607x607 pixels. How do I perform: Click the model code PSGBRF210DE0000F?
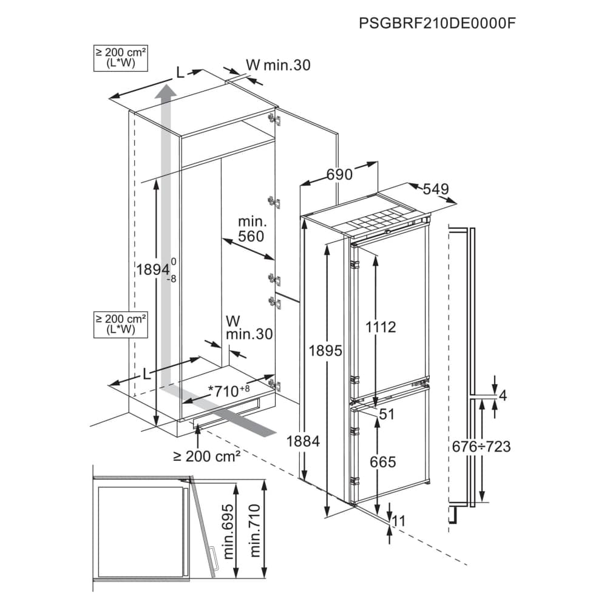tap(437, 23)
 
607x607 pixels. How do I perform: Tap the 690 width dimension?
tap(339, 175)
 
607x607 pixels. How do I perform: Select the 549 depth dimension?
tap(435, 189)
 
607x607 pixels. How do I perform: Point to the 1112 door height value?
tap(381, 327)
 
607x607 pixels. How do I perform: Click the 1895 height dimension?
tap(325, 351)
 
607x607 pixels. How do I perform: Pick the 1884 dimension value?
tap(303, 441)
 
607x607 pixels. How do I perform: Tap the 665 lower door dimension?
tap(382, 462)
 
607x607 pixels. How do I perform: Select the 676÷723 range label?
tap(481, 447)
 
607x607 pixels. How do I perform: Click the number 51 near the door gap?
tap(386, 414)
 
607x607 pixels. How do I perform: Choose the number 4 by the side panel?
tap(503, 396)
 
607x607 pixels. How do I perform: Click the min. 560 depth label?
tap(252, 229)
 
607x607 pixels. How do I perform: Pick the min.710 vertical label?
tap(255, 531)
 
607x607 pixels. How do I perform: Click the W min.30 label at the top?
tap(279, 65)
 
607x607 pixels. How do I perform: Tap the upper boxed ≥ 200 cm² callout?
tap(121, 58)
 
